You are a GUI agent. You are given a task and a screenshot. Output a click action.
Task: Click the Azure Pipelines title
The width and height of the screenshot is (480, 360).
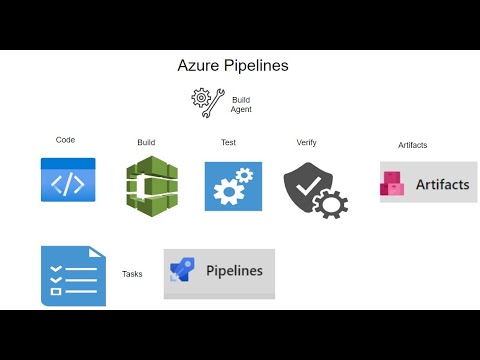tap(232, 66)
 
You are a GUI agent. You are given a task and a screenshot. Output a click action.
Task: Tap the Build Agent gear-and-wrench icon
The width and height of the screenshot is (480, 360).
tap(207, 102)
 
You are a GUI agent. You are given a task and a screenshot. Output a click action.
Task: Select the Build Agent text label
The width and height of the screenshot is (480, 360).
tap(241, 104)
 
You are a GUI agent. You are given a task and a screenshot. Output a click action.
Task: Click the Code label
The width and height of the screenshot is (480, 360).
tap(65, 140)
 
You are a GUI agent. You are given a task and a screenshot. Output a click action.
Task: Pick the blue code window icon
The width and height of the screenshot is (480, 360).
tap(68, 180)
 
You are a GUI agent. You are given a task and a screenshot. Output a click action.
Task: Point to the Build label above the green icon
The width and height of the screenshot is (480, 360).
tap(146, 142)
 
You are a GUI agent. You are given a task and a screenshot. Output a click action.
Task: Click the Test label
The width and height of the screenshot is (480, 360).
tap(228, 142)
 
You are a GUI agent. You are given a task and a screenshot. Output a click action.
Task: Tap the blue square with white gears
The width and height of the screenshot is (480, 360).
tap(232, 186)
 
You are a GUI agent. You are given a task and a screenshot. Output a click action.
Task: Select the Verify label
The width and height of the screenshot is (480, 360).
tap(306, 142)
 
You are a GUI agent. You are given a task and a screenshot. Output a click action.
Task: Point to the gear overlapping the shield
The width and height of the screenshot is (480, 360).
tap(330, 203)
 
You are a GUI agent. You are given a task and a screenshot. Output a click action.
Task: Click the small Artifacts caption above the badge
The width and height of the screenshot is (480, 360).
tap(412, 145)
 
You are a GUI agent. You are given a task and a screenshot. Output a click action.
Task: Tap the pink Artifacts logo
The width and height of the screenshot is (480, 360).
tap(393, 184)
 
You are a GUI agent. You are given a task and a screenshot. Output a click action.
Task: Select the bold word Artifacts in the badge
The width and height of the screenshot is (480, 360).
tap(442, 184)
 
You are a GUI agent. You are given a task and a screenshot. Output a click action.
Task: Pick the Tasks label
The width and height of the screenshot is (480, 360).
tap(132, 273)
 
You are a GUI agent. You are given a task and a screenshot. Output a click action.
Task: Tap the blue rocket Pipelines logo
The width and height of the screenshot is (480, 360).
tap(183, 271)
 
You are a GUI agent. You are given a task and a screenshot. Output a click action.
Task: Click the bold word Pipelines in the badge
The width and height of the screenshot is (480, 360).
tap(234, 270)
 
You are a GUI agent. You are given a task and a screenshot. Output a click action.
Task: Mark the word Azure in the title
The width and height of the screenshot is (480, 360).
tap(197, 66)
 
